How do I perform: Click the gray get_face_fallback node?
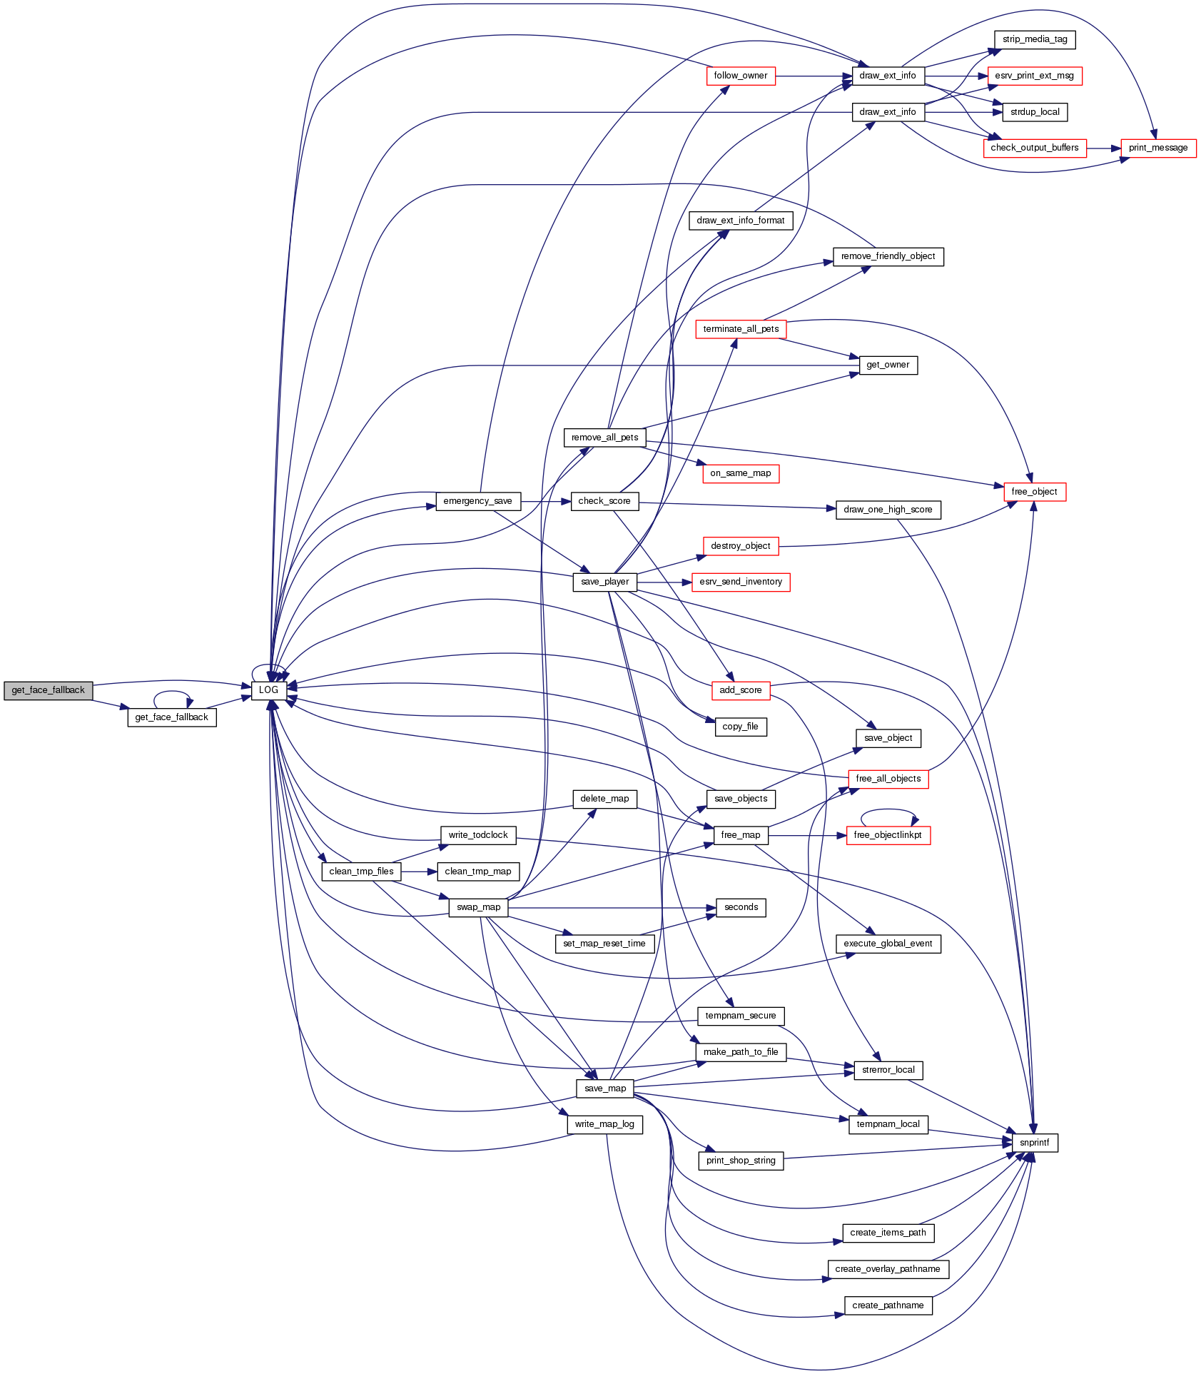pos(48,690)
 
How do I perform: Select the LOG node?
pos(268,690)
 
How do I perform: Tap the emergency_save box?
pos(477,501)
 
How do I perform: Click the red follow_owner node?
pos(740,76)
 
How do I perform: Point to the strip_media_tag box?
pos(1034,39)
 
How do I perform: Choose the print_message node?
pos(1157,148)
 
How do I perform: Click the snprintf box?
pos(1034,1143)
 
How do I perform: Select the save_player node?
pos(604,582)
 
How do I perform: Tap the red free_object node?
pos(1034,492)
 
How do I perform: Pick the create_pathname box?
pos(888,1305)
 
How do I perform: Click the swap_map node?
pos(478,907)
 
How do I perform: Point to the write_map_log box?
pos(604,1124)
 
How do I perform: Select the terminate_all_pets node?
pos(741,329)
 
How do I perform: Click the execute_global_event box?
pos(888,944)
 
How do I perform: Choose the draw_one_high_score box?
pos(888,510)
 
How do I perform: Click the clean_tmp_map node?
pos(477,872)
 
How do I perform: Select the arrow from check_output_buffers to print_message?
pos(1103,148)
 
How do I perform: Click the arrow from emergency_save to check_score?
pos(546,501)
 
